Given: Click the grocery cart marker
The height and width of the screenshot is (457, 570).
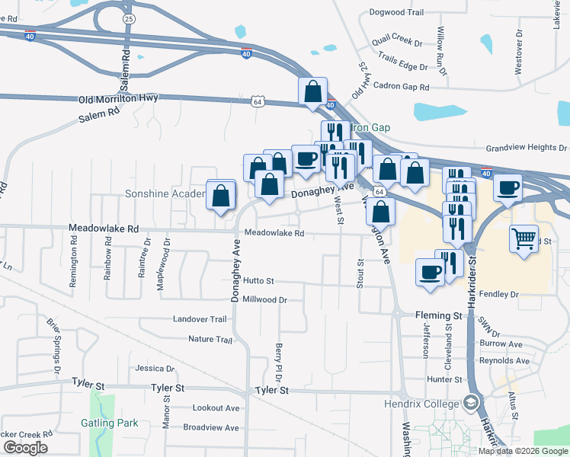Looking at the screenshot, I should [524, 239].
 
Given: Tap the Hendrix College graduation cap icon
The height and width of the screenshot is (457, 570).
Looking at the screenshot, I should [471, 402].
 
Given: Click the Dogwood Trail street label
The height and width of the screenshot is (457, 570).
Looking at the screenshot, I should [395, 12].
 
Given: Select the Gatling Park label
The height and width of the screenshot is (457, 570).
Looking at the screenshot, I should [110, 423].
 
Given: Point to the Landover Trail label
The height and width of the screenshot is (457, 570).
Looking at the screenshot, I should [200, 319].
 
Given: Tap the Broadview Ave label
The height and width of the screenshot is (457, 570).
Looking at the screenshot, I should [211, 428].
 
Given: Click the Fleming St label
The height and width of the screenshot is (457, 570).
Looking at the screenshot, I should [438, 315].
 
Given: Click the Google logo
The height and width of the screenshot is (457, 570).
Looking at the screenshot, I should [25, 448].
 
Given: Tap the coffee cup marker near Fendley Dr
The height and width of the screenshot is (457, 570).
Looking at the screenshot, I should [431, 272].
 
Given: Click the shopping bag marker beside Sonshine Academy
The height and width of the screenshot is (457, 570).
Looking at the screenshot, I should [220, 196].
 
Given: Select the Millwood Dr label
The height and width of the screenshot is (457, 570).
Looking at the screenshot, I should [264, 300].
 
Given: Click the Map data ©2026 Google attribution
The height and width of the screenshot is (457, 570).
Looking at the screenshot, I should [522, 451].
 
